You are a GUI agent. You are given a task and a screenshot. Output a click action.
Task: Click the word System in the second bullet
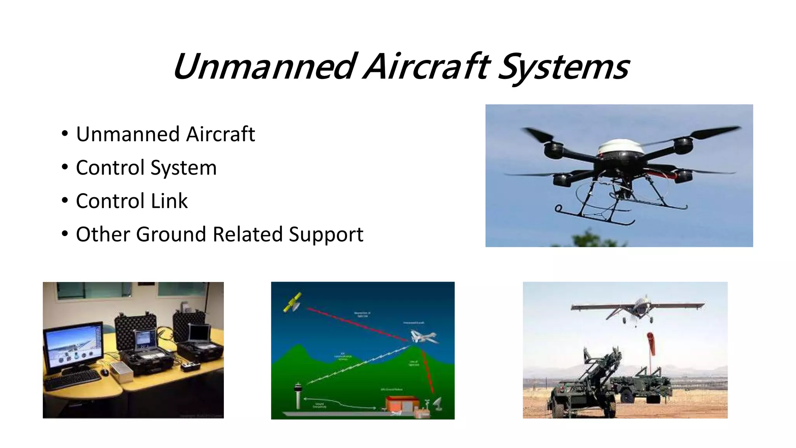tap(183, 168)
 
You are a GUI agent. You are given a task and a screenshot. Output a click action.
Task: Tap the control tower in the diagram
tap(298, 395)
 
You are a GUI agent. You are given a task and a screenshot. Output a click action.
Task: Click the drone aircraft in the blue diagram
tap(424, 338)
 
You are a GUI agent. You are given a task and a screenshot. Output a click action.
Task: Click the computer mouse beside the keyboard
tap(105, 372)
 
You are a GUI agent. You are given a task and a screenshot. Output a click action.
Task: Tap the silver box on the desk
tap(121, 369)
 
